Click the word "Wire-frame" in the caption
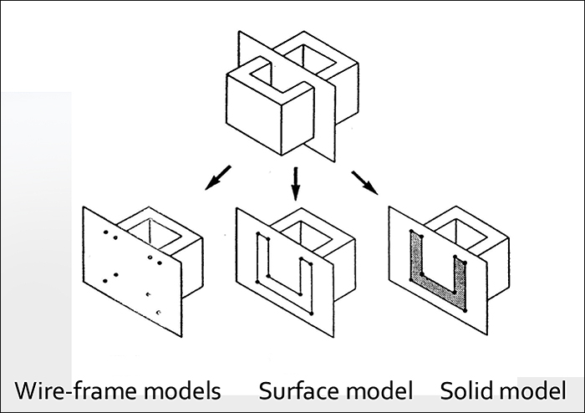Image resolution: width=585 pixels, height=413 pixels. click(69, 390)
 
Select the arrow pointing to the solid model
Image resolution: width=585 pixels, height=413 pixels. click(364, 181)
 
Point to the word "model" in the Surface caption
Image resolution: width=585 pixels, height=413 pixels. click(382, 390)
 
